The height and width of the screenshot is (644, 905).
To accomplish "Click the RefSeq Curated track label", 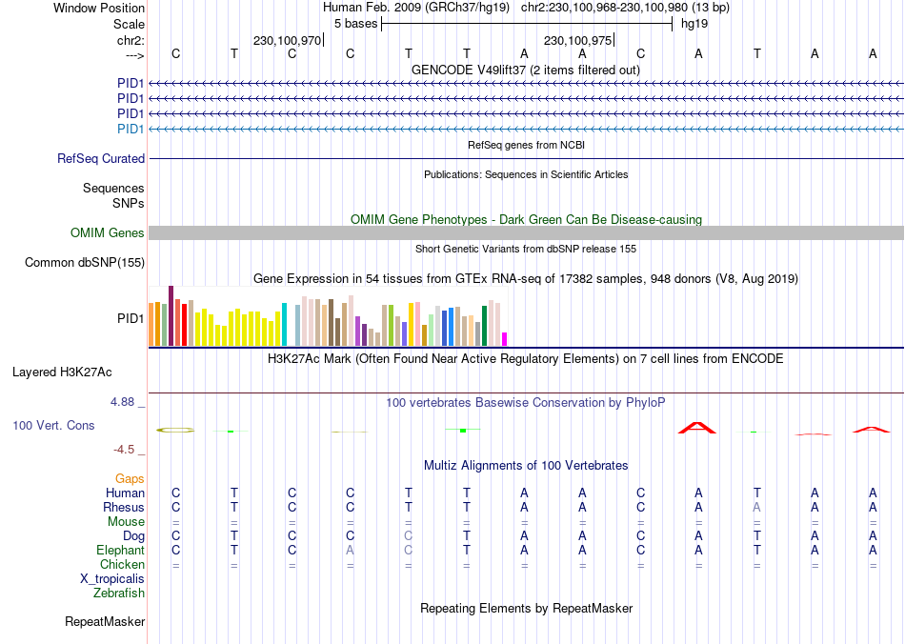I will [x=101, y=159].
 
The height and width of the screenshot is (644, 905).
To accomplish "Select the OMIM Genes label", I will [x=108, y=233].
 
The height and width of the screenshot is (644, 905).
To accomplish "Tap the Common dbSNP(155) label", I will [x=85, y=263].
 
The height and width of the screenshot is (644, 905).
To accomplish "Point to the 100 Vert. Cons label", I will [x=53, y=426].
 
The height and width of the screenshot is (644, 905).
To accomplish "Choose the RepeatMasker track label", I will [x=105, y=622].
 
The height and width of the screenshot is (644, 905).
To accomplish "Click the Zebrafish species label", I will [x=119, y=594].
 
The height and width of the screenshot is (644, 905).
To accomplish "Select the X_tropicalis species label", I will [x=112, y=579].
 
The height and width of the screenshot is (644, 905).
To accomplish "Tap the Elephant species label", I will [x=121, y=551].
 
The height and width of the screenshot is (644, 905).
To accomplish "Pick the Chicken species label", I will [x=123, y=565].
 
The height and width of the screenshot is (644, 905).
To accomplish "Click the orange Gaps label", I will [x=130, y=479].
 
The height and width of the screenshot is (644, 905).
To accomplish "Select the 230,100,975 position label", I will [x=577, y=41].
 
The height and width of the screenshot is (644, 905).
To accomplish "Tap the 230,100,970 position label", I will [x=287, y=41].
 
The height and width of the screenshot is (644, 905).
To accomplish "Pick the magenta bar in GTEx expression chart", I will [x=505, y=338].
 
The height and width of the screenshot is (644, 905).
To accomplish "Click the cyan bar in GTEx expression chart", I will [x=285, y=324].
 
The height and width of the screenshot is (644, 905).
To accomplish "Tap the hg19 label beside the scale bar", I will [x=694, y=24].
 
